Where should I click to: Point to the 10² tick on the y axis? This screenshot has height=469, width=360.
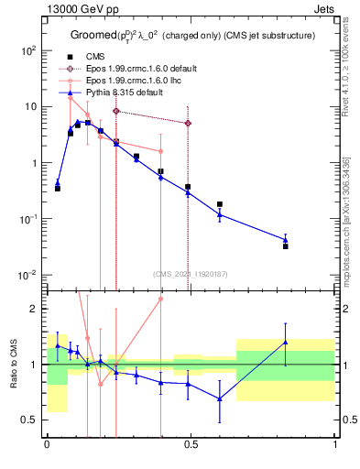[x=28, y=50]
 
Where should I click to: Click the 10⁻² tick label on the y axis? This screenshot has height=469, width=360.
[x=28, y=275]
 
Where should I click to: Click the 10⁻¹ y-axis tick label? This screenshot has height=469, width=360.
[x=28, y=219]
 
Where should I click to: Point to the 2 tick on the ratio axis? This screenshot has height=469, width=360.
[x=34, y=309]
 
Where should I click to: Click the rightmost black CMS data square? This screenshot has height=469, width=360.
[x=286, y=246]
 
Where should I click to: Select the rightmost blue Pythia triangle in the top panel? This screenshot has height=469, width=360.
[x=286, y=240]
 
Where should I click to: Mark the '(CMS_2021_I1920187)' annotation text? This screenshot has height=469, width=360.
[x=191, y=273]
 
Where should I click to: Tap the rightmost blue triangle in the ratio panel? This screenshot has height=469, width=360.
[x=286, y=342]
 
